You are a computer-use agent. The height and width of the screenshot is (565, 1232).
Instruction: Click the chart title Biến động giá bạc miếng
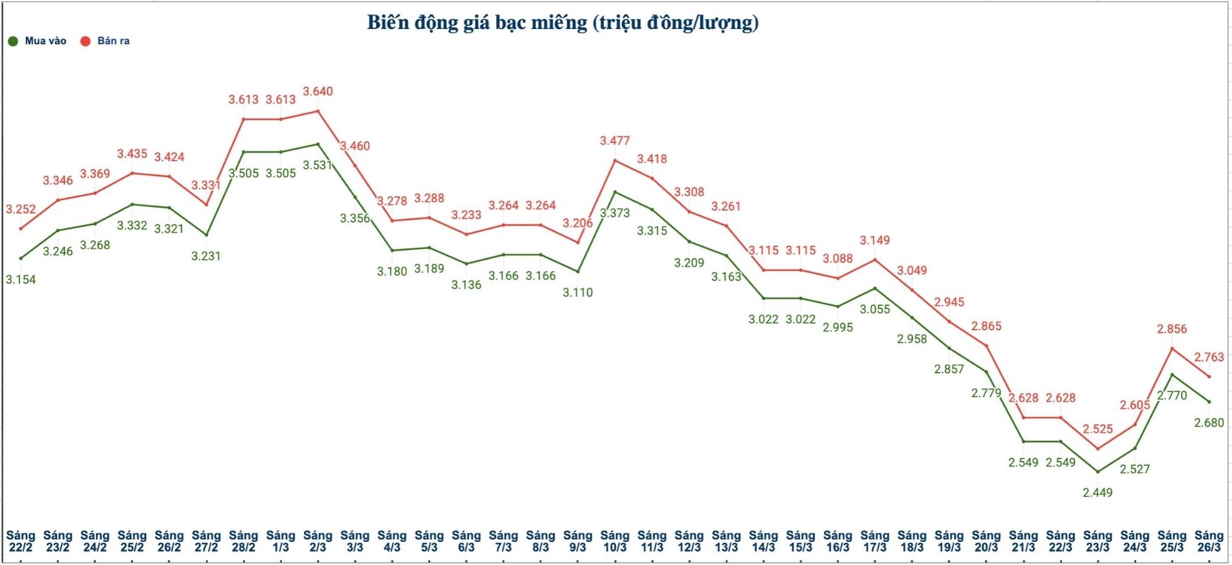563,23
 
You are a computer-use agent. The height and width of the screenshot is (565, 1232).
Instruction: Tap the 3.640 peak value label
318,91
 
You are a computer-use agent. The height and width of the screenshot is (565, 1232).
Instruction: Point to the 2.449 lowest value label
1097,492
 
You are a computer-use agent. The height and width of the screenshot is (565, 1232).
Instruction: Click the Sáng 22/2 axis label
21,541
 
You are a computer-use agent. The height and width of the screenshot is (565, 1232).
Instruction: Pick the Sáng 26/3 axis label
1209,541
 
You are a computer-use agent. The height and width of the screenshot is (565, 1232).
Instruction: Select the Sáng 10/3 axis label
615,541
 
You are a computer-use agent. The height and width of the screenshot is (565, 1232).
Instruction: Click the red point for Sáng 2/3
318,111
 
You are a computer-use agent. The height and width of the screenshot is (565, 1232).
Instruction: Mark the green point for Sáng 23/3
1097,472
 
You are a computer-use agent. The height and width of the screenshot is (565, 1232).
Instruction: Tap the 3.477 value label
615,140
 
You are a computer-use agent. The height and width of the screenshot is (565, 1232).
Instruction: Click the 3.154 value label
21,279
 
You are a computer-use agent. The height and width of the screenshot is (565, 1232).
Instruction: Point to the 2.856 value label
1171,329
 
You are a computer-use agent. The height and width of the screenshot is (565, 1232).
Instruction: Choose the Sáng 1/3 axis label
281,541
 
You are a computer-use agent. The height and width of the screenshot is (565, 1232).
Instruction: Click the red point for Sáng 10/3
615,160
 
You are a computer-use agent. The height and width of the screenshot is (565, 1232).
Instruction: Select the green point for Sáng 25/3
1171,375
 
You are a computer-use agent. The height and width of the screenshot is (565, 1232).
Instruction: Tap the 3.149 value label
875,240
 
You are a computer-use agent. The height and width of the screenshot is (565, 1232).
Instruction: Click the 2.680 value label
1209,423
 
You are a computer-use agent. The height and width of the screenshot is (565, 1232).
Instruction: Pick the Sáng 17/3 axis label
875,541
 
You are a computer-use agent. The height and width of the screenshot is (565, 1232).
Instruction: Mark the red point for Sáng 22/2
21,228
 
